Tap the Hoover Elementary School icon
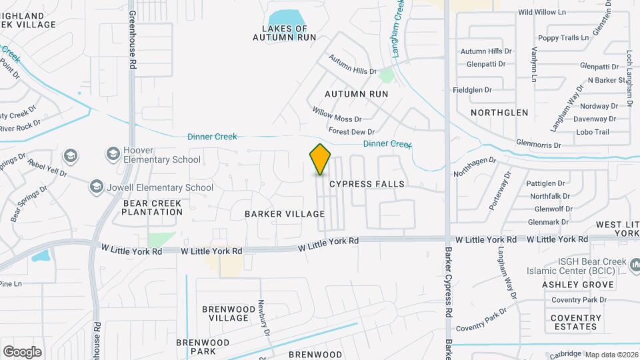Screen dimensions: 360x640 [x=112, y=154]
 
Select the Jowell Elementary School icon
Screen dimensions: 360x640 [x=97, y=187]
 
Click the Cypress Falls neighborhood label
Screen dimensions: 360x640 [x=367, y=183]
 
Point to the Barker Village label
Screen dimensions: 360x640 [x=285, y=214]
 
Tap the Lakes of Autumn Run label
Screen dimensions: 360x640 [x=284, y=33]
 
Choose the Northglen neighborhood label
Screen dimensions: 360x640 [x=499, y=113]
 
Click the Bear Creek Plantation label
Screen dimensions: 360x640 [x=152, y=207]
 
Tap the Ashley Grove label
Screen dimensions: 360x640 [x=577, y=285]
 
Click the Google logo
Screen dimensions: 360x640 [x=22, y=351]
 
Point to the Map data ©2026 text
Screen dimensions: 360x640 [x=611, y=355]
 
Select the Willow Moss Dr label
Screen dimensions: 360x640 [x=337, y=114]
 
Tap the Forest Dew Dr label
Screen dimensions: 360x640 [x=351, y=131]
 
